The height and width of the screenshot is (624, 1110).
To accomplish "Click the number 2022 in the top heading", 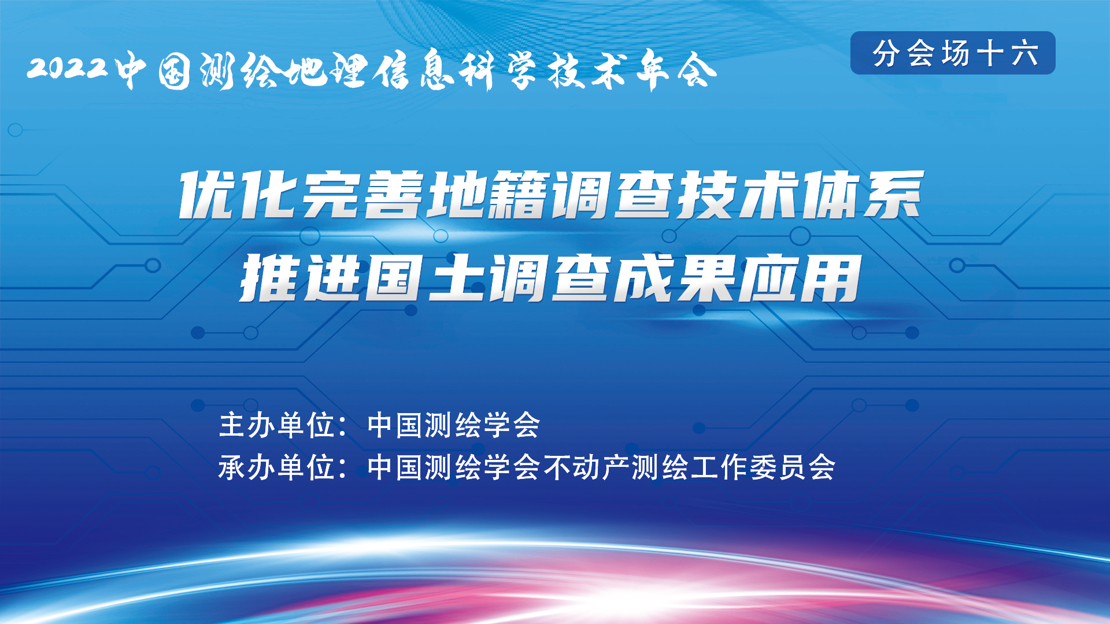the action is coord(68,68).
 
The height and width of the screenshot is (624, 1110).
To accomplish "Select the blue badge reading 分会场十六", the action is coord(953,53).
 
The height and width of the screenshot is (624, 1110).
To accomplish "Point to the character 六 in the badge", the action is coord(1024,53).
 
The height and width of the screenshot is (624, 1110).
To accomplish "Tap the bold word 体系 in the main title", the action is coord(862,195).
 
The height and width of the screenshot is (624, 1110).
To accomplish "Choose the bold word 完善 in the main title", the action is coord(363,195).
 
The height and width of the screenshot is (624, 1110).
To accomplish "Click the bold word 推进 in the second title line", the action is coord(302,278).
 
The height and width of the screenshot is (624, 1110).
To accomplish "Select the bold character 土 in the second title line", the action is coord(457,278).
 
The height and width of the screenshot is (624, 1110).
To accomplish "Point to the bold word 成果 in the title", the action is coord(674,278).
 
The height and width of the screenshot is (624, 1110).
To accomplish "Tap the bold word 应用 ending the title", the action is coord(800,278).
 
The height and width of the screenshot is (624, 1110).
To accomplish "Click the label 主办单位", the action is coord(277,425).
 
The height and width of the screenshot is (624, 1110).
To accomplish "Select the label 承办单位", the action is coord(277,467).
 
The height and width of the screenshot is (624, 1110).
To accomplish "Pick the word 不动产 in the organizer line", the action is coord(586,467).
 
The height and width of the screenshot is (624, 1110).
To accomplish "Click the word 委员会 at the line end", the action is coord(793,467).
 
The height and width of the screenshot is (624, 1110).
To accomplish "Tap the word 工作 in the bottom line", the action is coord(719,467).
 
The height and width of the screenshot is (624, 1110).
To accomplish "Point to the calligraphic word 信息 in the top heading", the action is coord(411,70).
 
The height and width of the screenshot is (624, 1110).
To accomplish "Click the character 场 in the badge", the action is coord(955,53).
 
